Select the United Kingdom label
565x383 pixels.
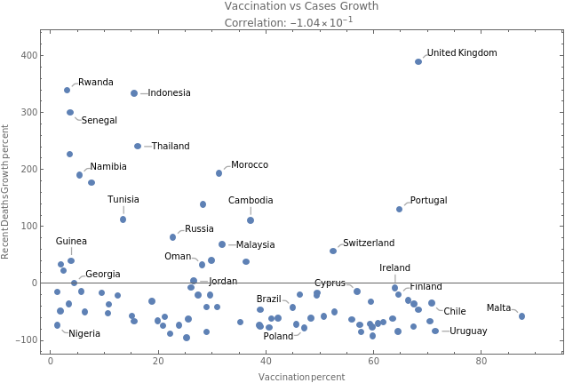tap(461, 53)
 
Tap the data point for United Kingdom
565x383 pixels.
tap(418, 61)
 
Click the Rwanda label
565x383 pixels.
tap(95, 83)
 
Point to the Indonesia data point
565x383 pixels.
tap(134, 93)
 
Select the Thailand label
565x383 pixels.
tap(170, 146)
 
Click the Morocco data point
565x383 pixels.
tap(219, 173)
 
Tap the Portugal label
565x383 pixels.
tap(428, 201)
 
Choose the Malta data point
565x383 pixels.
tap(521, 316)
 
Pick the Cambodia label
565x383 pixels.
tap(251, 201)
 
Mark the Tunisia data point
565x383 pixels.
tap(123, 219)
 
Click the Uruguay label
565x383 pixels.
tap(467, 331)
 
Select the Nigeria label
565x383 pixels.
tap(84, 334)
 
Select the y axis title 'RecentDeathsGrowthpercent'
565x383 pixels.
tap(6, 192)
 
